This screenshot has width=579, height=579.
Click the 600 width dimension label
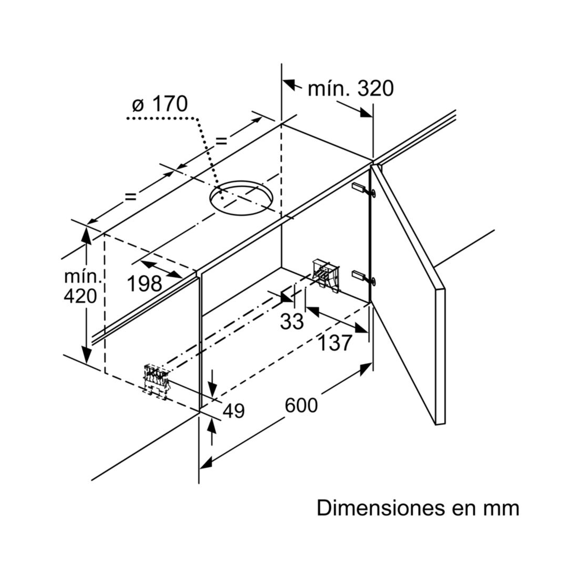(x=301, y=405)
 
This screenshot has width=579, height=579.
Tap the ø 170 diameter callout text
(x=160, y=104)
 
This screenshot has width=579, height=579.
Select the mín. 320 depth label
(x=351, y=89)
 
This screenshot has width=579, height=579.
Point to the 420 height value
(x=81, y=296)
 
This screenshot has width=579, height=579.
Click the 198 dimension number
(x=144, y=284)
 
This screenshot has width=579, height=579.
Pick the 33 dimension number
(x=292, y=322)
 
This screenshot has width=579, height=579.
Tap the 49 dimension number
(x=233, y=411)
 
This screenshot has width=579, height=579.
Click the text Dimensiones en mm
(x=418, y=508)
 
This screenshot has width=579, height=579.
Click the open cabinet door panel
(x=407, y=289)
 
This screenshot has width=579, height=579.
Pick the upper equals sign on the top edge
(x=221, y=141)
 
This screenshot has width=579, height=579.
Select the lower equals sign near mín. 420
(x=130, y=196)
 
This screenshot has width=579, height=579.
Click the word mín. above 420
(x=81, y=276)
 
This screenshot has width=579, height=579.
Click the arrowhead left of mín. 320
(x=290, y=85)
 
